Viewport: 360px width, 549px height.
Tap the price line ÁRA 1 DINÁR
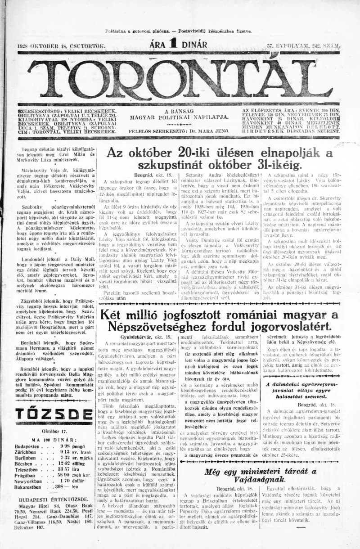(x=179, y=45)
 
